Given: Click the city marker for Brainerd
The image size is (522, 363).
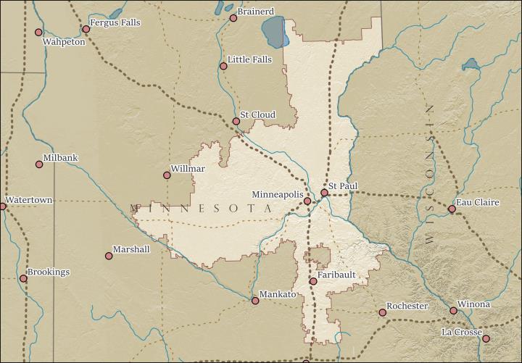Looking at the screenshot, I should (233, 18).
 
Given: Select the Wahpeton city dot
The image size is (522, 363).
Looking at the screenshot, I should (38, 32).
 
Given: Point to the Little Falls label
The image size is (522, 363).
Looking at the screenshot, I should (249, 59).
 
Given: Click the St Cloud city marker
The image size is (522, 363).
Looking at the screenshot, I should (236, 121).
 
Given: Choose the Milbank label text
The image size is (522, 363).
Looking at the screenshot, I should (60, 157).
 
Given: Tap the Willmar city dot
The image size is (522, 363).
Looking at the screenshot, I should (167, 175).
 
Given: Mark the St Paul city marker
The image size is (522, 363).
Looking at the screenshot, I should (324, 193).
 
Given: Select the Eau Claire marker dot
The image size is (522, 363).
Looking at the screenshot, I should (452, 209).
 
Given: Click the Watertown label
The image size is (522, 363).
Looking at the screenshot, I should (28, 200).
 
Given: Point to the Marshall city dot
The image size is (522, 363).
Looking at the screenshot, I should (109, 256).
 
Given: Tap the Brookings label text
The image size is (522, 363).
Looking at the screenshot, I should (49, 272).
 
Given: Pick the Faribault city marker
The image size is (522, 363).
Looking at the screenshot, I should (313, 281).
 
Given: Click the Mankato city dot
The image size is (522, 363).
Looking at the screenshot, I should (254, 301).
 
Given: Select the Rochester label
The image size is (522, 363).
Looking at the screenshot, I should (407, 306).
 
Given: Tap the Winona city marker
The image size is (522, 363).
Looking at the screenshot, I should (453, 311).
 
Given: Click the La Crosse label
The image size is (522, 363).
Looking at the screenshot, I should (461, 333).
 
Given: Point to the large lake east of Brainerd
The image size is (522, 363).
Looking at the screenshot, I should (273, 31).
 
